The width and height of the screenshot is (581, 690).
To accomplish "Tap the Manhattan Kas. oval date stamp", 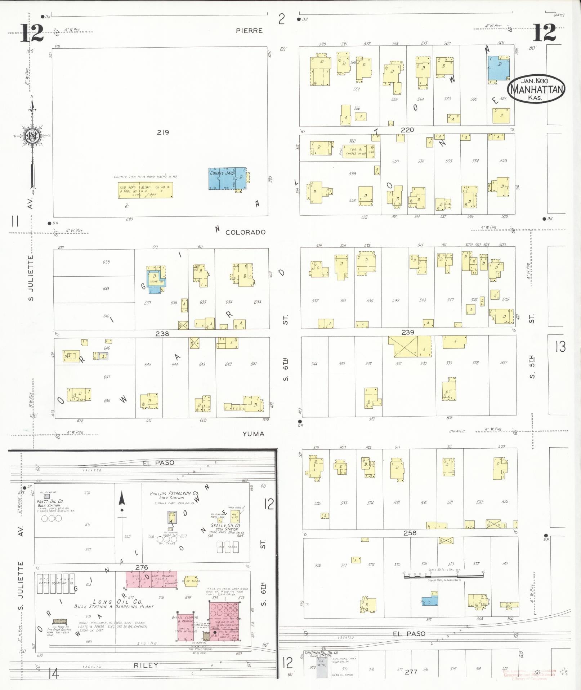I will point(536,89).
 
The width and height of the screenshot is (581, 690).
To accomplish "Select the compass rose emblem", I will point(32,136).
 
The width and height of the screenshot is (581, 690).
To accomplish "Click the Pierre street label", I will point(249,31).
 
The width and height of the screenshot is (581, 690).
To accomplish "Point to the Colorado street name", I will point(245,232).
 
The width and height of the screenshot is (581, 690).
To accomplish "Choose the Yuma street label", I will point(253,434).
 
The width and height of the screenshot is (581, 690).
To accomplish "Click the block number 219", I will point(163,132).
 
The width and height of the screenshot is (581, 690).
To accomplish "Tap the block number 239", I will point(408,332).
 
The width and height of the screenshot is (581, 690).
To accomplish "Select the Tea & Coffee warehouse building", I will point(359,151).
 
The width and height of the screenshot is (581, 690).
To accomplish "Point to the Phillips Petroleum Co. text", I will point(174,493).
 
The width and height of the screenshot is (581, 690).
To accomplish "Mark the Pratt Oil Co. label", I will point(50,501).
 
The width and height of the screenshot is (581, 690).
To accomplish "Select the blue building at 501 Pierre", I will point(499,68).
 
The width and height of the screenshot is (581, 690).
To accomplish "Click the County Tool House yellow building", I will point(146,190).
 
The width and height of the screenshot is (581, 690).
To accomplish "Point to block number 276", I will point(142,567).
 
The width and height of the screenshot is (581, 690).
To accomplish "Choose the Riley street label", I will point(146,665).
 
